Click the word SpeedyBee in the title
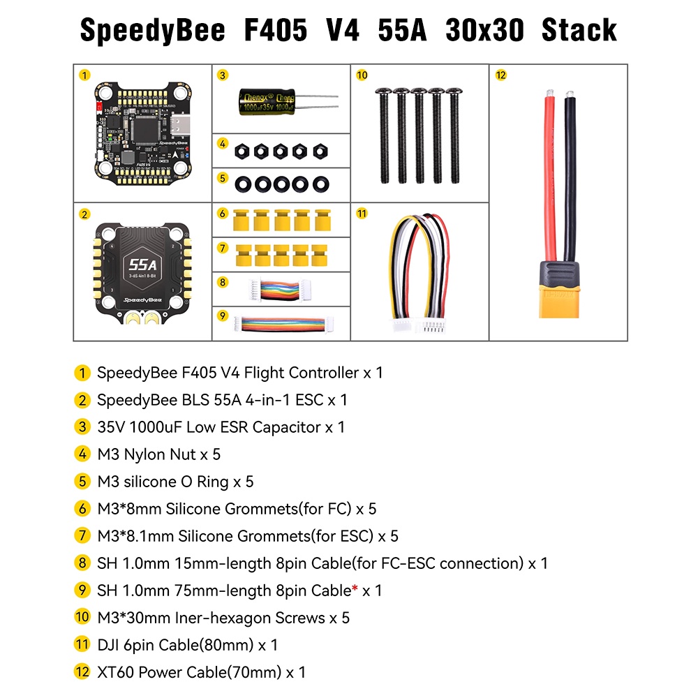pyautogui.click(x=153, y=31)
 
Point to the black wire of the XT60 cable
pyautogui.click(x=571, y=174)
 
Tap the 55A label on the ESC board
pyautogui.click(x=142, y=265)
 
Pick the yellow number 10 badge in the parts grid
pyautogui.click(x=362, y=75)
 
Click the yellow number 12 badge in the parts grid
pyautogui.click(x=500, y=75)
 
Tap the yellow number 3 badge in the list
pyautogui.click(x=82, y=427)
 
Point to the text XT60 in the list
pyautogui.click(x=117, y=673)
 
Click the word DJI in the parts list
pyautogui.click(x=110, y=645)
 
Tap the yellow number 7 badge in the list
pyautogui.click(x=82, y=536)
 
